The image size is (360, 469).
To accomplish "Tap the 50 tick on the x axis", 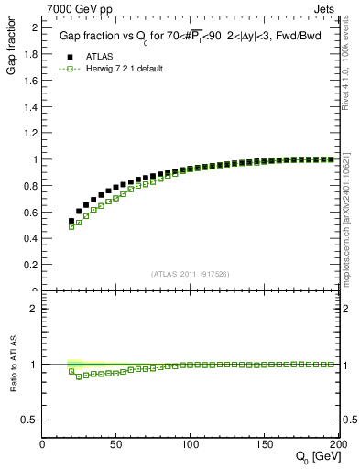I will pyautogui.click(x=116, y=444).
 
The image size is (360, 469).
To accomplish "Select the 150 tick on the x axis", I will pyautogui.click(x=265, y=444).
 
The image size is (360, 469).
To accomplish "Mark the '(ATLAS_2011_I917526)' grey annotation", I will pyautogui.click(x=191, y=273).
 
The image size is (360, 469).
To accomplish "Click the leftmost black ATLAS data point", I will pyautogui.click(x=71, y=221).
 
